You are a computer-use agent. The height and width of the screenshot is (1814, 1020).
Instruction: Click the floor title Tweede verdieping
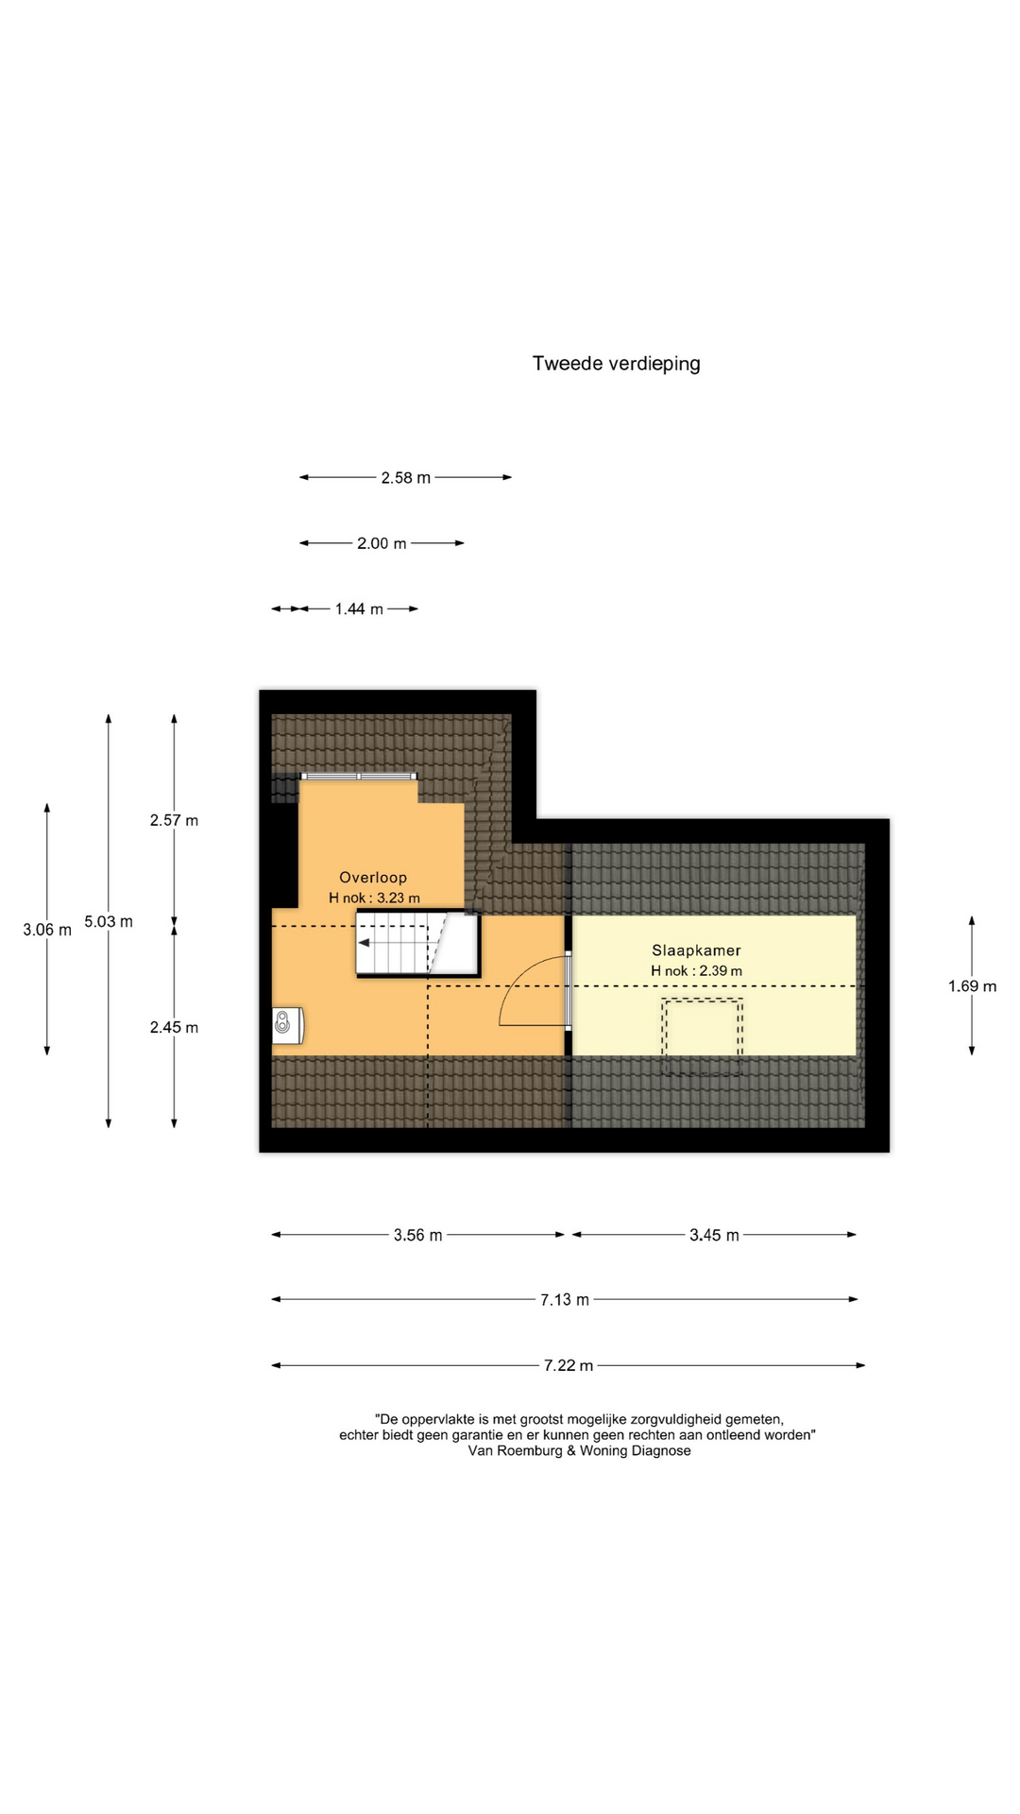click(616, 364)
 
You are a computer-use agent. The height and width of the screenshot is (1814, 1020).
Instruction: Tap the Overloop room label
click(373, 878)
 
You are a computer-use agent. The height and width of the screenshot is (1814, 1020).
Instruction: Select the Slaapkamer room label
click(696, 950)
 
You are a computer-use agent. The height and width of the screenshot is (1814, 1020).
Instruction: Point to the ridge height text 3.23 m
click(399, 898)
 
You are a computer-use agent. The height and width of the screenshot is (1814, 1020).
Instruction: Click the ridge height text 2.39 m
click(721, 971)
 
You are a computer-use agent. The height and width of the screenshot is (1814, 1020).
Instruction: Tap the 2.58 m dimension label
click(406, 478)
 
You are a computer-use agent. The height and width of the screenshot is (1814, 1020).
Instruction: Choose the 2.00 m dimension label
click(382, 543)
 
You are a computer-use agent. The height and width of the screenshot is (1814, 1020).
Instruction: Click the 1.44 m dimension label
click(359, 609)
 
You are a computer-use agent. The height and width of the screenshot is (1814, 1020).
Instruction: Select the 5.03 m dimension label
click(109, 921)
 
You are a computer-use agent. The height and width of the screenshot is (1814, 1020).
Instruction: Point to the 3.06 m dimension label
click(47, 930)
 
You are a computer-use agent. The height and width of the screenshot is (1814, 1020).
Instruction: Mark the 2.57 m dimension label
click(174, 820)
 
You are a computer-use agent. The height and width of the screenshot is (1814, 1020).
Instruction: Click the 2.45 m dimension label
click(174, 1027)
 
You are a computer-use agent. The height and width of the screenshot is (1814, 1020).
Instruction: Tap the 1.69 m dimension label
click(972, 986)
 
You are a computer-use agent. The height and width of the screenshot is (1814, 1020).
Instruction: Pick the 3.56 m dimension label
click(417, 1235)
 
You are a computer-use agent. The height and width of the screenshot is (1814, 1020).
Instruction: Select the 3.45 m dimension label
click(714, 1235)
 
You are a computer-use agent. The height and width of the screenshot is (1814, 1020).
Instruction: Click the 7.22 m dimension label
click(569, 1365)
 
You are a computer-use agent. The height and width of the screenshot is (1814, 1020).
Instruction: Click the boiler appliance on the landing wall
click(288, 1025)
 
